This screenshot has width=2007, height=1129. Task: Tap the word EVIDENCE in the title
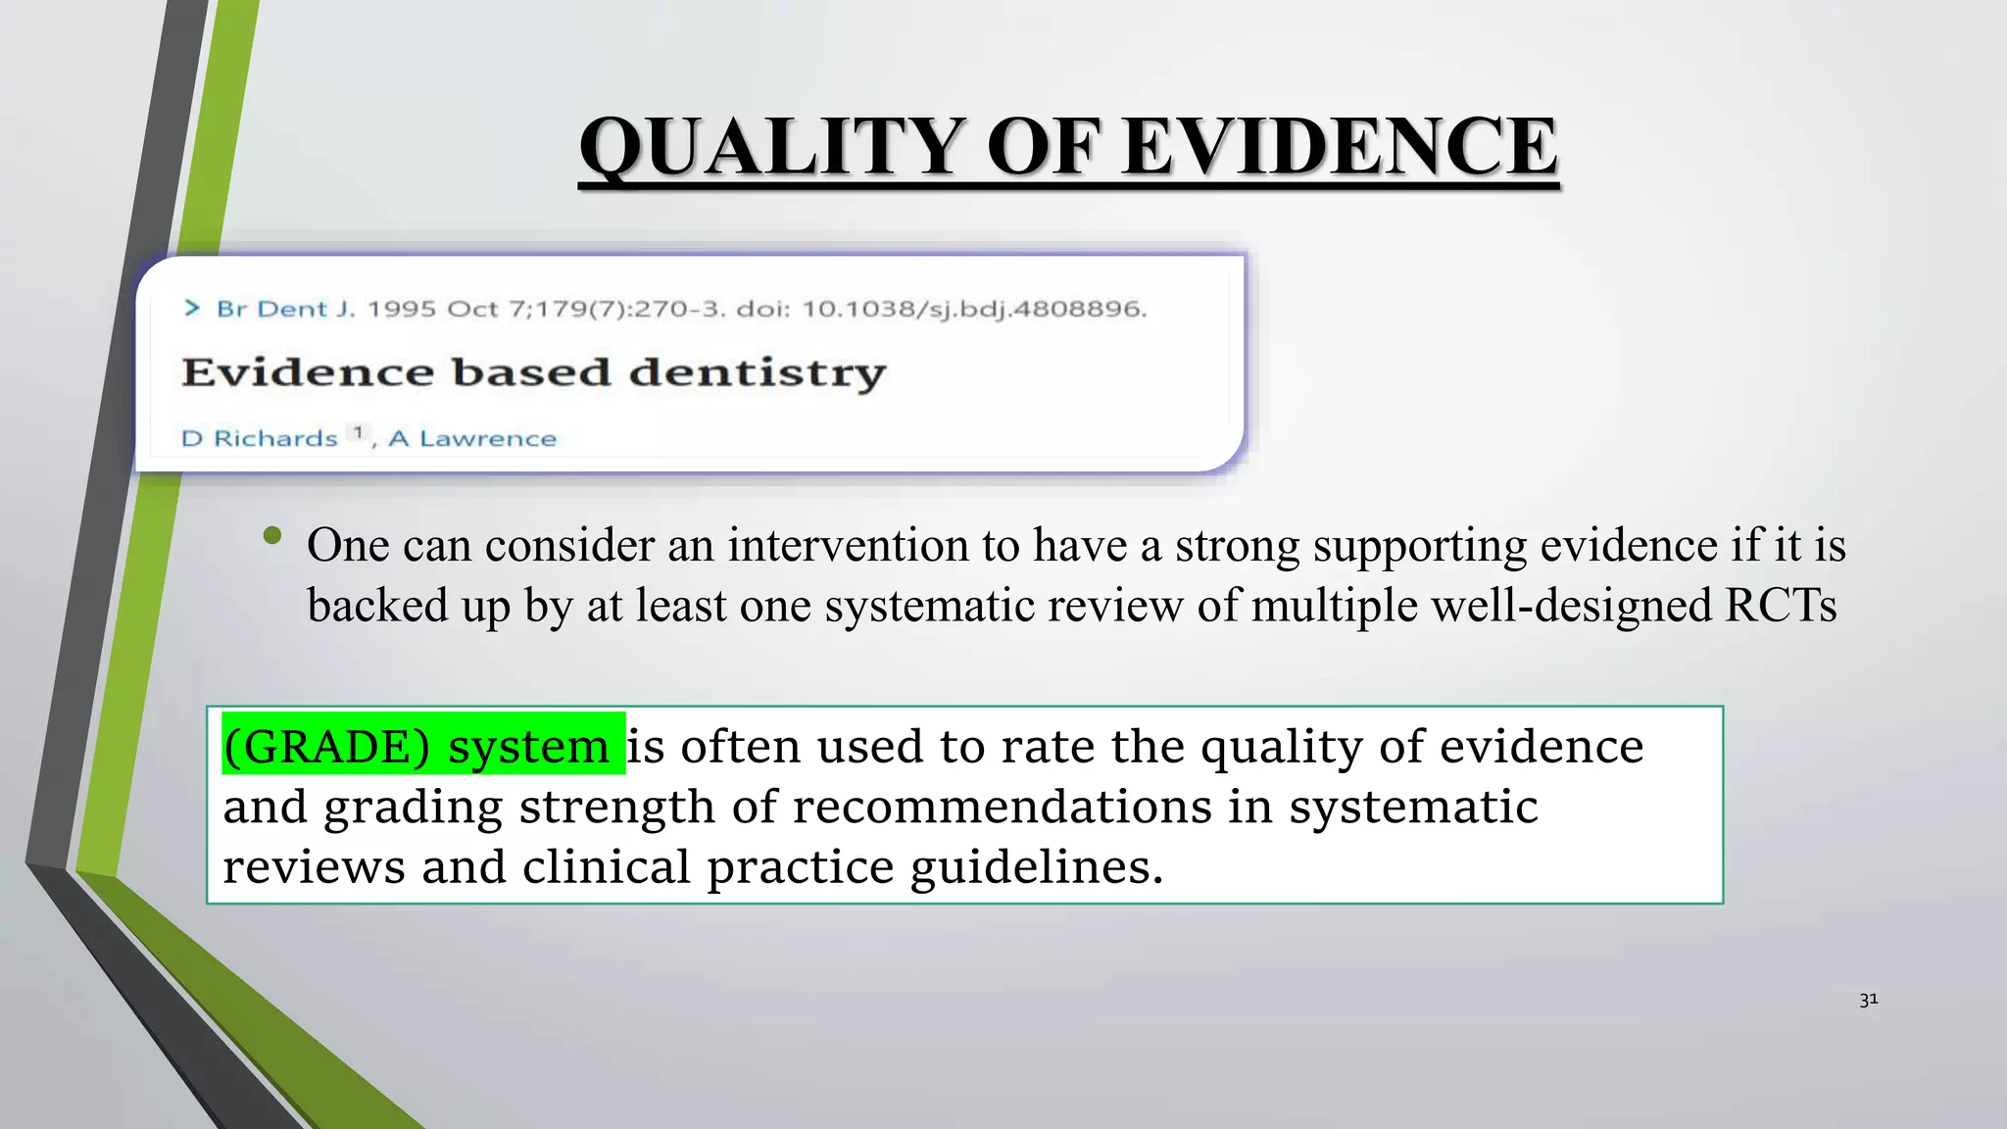[1340, 146]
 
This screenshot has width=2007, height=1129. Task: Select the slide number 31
[1868, 1000]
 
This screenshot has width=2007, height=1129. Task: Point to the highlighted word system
[528, 747]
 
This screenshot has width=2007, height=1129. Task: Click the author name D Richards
[260, 438]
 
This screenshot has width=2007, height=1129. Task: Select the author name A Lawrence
[472, 438]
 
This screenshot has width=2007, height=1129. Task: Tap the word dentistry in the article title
[757, 373]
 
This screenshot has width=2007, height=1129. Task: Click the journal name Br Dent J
[285, 310]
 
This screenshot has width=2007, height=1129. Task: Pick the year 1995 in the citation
[401, 310]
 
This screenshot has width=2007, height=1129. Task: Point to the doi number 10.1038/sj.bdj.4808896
[974, 310]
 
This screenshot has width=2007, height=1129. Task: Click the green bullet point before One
[272, 535]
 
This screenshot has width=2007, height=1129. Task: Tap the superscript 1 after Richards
[359, 432]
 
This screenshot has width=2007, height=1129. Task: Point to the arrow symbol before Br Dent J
[192, 309]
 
